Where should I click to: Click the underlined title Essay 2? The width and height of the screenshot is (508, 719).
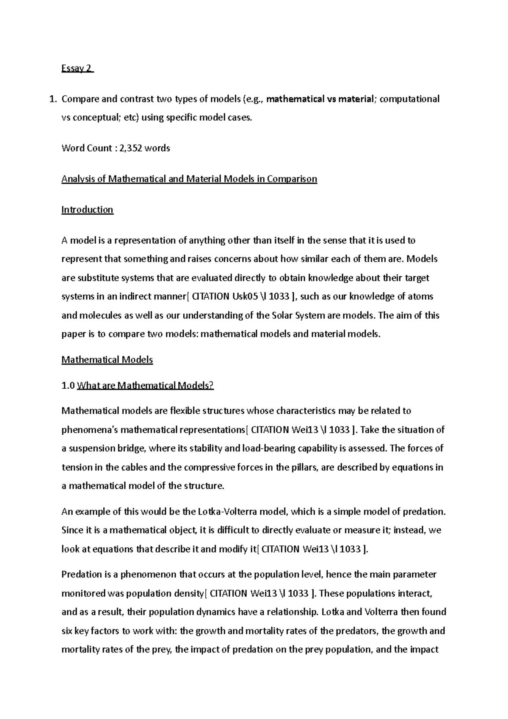77,69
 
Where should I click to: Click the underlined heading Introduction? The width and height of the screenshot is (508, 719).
87,210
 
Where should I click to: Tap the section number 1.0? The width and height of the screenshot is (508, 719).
68,385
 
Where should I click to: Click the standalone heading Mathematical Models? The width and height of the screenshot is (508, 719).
107,360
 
